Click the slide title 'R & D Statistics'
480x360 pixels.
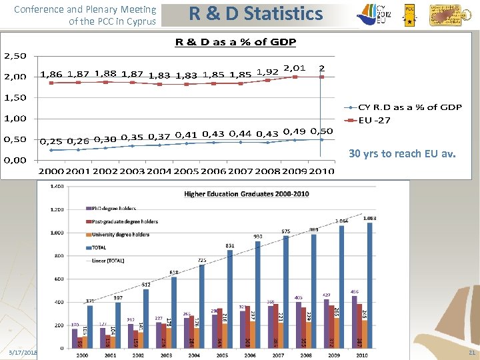(256, 14)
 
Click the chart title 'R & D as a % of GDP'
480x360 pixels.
(235, 43)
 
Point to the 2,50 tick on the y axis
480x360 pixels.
(15, 55)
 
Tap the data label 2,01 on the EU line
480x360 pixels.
(294, 67)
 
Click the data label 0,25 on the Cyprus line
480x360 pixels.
(51, 141)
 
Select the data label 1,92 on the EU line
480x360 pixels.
(267, 71)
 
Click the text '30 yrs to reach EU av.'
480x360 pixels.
(402, 154)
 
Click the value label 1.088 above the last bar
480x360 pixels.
(370, 217)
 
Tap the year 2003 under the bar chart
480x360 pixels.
(167, 355)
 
